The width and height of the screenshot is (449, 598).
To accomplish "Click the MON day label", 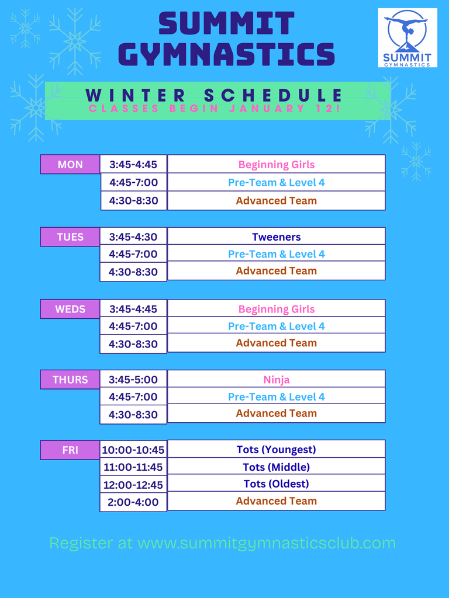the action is click(70, 164).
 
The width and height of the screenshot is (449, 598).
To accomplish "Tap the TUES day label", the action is click(70, 237).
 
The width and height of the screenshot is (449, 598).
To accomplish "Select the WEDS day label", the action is click(70, 309).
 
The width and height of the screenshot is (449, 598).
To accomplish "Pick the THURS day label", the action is click(70, 380).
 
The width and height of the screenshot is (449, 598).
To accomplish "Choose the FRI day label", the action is click(70, 450).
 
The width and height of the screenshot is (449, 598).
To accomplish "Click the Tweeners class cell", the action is click(277, 237).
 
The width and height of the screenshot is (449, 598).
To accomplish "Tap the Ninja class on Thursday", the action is click(277, 380).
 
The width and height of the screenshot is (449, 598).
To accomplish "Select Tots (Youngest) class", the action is click(277, 449).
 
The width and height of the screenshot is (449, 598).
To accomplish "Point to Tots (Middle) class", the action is click(277, 467).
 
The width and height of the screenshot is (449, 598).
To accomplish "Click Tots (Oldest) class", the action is click(277, 484).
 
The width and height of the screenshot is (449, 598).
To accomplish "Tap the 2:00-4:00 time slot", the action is click(133, 502).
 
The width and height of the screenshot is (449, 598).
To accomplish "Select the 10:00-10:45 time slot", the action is click(133, 450).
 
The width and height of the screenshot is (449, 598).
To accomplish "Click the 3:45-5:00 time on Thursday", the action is click(133, 380).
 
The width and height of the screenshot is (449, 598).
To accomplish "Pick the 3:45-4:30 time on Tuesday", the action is click(133, 237).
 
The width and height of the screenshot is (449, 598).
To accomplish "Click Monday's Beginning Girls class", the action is click(277, 164).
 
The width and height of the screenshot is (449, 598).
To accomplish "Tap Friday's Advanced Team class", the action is click(277, 500).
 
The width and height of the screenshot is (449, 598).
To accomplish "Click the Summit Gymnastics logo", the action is click(407, 38).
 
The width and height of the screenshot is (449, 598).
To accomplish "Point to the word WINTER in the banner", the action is click(136, 95).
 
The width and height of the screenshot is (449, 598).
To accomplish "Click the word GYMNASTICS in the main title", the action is click(226, 54).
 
